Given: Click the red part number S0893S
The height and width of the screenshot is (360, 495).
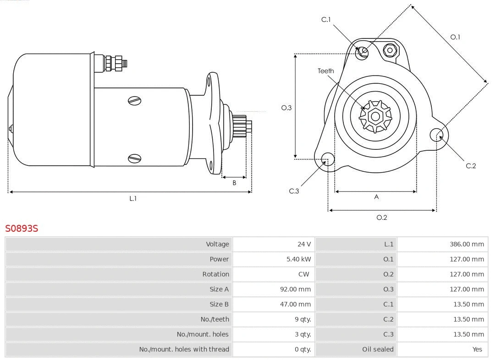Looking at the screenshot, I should click(22, 228).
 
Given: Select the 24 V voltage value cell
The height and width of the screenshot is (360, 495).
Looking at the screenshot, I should click(303, 244).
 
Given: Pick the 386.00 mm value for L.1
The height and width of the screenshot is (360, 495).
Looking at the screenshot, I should click(467, 244).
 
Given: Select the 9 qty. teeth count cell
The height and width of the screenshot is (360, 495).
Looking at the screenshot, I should click(302, 319).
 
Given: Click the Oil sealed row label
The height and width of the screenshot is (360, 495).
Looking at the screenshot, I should click(378, 349).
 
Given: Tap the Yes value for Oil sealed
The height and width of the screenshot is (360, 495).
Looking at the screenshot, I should click(477, 349).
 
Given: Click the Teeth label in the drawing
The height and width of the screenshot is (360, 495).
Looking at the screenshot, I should click(326, 71).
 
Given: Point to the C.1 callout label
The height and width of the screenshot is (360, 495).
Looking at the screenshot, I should click(326, 20).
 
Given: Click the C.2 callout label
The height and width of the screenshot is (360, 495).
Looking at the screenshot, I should click(471, 166).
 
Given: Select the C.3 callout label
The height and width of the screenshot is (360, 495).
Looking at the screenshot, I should click(294, 191).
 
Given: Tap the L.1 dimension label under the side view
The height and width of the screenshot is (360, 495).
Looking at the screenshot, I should click(132, 199).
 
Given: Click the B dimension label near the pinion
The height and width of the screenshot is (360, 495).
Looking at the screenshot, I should click(234, 183).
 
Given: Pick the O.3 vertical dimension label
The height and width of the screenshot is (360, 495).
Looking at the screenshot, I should click(286, 108).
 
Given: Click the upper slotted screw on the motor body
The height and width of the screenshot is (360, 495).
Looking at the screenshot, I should click(135, 101).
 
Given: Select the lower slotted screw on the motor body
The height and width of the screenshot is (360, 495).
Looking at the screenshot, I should click(135, 158).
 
